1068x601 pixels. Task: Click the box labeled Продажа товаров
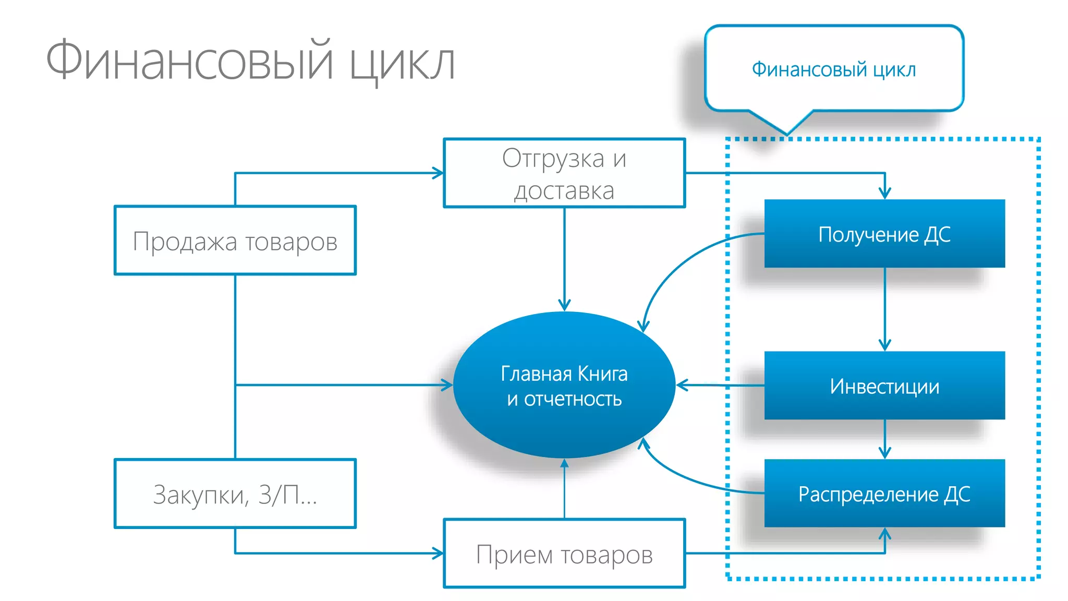click(x=235, y=241)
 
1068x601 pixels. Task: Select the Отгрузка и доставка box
click(x=564, y=173)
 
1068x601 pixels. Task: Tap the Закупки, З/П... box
click(x=235, y=494)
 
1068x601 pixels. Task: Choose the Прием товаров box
click(x=564, y=554)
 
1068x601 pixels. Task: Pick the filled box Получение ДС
click(x=884, y=234)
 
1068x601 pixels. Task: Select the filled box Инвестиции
click(x=884, y=386)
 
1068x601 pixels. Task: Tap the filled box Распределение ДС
click(x=884, y=494)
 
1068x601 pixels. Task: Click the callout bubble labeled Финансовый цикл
click(x=833, y=69)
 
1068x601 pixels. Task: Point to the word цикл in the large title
click(x=402, y=63)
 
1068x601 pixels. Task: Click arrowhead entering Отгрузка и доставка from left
click(x=439, y=173)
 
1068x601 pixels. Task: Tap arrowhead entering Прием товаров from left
click(x=439, y=554)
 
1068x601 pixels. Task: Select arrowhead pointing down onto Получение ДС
click(x=884, y=194)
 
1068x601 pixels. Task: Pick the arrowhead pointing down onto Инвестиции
click(x=884, y=345)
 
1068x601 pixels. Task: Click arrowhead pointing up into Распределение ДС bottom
click(x=884, y=534)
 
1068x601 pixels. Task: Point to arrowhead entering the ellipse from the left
click(x=447, y=386)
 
